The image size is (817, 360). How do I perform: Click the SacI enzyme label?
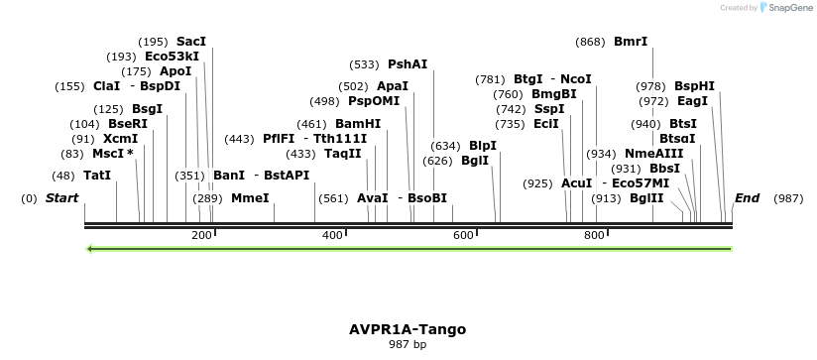coord(191,42)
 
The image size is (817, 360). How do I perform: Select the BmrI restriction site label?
coord(631,42)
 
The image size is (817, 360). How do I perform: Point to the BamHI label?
coord(358,124)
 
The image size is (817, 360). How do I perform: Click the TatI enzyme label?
coord(97,176)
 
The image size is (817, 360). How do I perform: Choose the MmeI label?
coord(250,198)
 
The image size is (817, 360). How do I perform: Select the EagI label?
coord(692,101)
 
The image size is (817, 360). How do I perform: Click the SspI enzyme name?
coord(549,109)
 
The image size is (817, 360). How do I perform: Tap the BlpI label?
coord(483,146)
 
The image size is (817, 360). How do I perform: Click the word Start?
coord(61,198)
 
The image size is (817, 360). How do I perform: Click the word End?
coord(747,198)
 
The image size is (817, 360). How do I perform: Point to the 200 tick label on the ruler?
coord(201,235)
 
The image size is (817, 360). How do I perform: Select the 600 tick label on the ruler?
coord(463,235)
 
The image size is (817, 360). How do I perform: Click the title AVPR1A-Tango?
coord(408,329)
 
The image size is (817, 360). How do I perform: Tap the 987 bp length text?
coord(408,345)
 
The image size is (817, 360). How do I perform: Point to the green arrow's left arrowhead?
coord(90,248)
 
